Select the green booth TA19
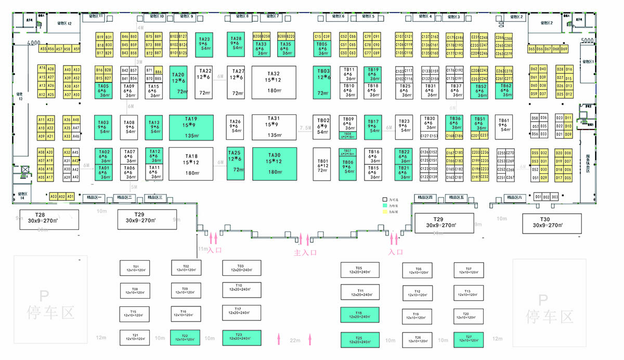(x=191, y=127)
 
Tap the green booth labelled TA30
(x=275, y=163)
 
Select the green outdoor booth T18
(x=359, y=315)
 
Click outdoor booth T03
(x=241, y=268)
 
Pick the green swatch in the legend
(x=385, y=206)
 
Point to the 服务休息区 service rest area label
(x=588, y=166)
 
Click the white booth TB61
(x=503, y=125)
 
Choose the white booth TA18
(x=191, y=163)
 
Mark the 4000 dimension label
(x=34, y=42)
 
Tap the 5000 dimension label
(x=587, y=40)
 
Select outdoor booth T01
(x=135, y=268)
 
